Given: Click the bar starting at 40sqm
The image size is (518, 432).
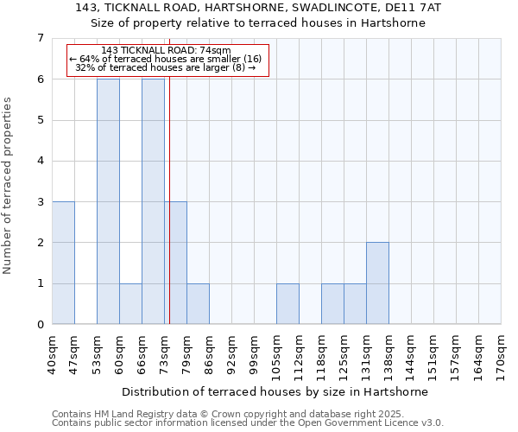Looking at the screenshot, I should (x=63, y=263).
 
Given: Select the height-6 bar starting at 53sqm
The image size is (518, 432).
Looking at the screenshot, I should (x=108, y=201).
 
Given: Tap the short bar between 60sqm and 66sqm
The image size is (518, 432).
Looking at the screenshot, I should (x=130, y=303).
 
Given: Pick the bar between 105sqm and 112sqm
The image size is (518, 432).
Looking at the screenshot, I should (x=287, y=303).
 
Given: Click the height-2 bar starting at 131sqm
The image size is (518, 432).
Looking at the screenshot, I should (x=377, y=283).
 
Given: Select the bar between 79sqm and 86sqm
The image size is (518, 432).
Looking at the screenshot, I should (x=198, y=303).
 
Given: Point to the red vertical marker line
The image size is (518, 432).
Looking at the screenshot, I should (x=169, y=216).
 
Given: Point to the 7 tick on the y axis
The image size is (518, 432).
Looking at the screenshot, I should (x=40, y=38).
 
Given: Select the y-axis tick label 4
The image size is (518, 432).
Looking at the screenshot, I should (x=40, y=161).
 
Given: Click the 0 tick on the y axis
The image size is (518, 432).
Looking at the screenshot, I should (x=40, y=325).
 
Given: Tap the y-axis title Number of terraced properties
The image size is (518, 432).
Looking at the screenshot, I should (x=9, y=185).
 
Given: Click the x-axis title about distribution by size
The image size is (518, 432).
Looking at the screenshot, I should (x=275, y=391).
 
